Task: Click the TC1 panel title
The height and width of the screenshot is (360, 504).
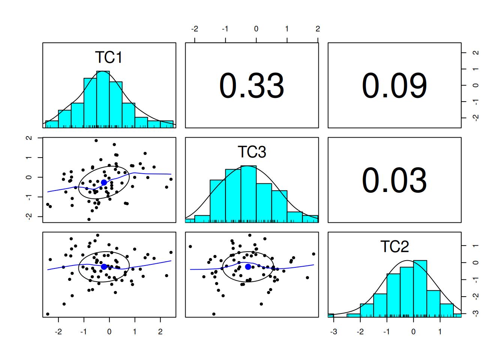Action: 109,57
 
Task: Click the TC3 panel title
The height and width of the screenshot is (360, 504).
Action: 252,152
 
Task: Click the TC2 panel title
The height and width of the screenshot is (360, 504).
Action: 394,246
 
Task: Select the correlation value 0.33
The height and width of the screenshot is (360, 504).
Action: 252,86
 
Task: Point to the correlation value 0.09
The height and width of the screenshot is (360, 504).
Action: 394,86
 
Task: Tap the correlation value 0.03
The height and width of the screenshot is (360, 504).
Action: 394,180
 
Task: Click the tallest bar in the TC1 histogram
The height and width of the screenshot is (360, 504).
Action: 103,99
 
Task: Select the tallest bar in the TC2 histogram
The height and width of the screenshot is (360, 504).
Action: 420,288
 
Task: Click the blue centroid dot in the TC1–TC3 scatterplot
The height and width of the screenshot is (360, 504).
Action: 104,182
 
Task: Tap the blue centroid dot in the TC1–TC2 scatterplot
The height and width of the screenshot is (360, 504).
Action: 104,267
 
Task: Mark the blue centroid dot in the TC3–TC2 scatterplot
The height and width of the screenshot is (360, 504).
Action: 248,267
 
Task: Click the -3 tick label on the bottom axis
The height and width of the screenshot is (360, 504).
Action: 333,332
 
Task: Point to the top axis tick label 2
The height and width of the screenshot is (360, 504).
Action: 318,29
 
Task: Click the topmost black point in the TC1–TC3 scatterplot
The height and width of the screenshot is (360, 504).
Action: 96,141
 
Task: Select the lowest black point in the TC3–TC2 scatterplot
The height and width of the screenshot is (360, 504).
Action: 214,314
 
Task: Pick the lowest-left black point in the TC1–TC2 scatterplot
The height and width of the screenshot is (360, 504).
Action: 48,314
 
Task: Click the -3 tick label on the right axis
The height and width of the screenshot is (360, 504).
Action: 476,313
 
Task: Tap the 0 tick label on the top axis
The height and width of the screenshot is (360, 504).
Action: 256,29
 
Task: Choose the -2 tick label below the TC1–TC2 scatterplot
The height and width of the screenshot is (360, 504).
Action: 58,332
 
